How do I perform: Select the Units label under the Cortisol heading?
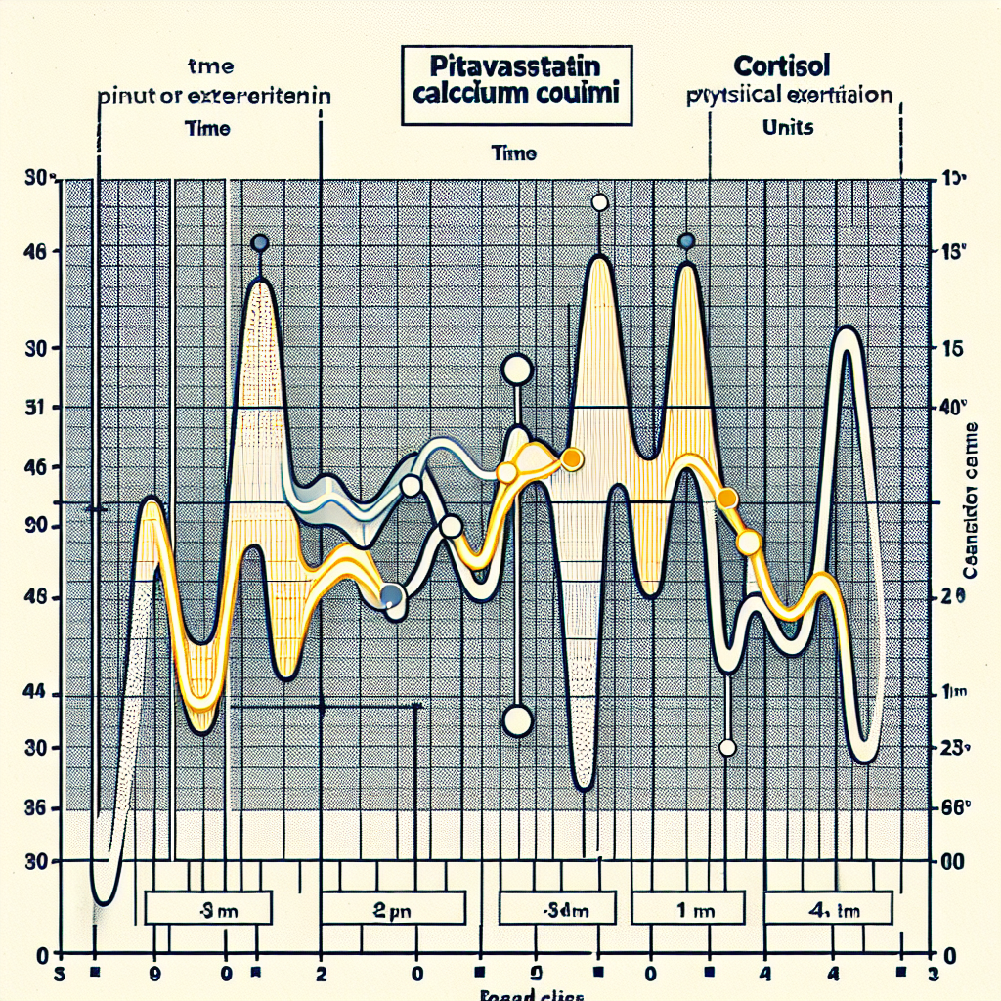tap(786, 128)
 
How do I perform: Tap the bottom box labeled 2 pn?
tap(391, 907)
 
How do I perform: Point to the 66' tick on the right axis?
tap(951, 808)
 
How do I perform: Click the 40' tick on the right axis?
tap(951, 408)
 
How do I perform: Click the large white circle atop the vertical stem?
tap(516, 370)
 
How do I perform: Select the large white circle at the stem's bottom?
tap(516, 721)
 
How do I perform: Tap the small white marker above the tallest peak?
tap(600, 203)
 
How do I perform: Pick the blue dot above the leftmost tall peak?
tap(260, 243)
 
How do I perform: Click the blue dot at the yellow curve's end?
tap(392, 595)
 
